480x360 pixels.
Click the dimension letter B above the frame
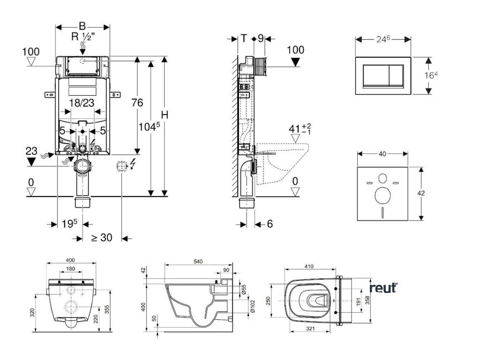pyautogui.click(x=82, y=26)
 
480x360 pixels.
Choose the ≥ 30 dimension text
pyautogui.click(x=101, y=238)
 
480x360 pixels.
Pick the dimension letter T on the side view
pyautogui.click(x=244, y=38)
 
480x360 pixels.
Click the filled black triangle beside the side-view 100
pyautogui.click(x=295, y=61)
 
